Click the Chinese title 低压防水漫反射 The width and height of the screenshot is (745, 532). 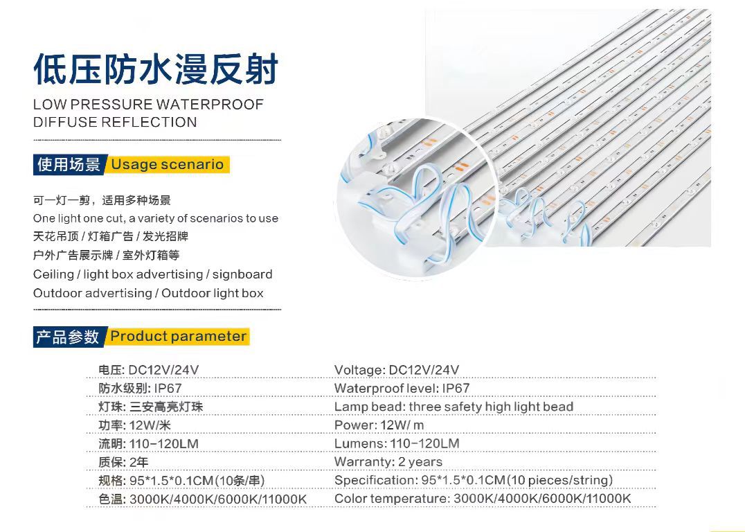(156, 71)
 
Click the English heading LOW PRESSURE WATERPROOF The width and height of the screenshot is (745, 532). (148, 105)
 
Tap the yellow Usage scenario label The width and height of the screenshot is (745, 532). (168, 164)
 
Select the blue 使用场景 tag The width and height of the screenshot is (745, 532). (69, 164)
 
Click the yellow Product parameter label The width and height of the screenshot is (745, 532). (178, 337)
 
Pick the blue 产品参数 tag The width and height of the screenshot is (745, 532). (68, 337)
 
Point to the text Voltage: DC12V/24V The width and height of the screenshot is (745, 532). (396, 370)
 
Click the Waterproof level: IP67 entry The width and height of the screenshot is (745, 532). (402, 389)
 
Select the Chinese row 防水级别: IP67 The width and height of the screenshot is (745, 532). (140, 389)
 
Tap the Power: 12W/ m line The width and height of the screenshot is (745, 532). (379, 425)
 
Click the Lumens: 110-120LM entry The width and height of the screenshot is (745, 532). (396, 443)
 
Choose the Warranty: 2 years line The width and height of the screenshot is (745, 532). (388, 462)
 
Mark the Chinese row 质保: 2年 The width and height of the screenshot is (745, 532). (123, 462)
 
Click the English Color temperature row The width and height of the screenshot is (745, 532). (482, 499)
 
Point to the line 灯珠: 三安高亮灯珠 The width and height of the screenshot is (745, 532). (150, 407)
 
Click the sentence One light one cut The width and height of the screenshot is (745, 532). (155, 218)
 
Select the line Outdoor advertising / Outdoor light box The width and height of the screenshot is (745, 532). (148, 293)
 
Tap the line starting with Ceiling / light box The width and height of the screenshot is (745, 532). (152, 274)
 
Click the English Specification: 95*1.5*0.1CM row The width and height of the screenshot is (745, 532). (473, 480)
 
